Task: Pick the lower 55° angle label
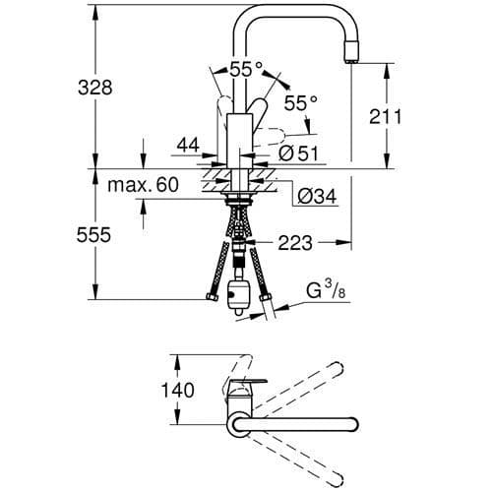point(302,102)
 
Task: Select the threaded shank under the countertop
point(236,211)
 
